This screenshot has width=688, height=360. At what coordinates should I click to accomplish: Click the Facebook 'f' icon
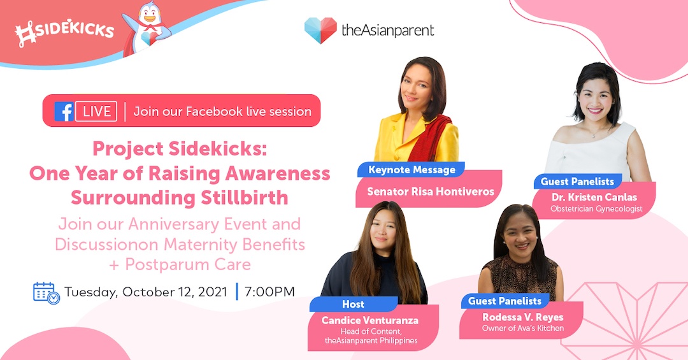tap(64, 111)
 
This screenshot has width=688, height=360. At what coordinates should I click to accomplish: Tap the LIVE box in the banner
tap(97, 111)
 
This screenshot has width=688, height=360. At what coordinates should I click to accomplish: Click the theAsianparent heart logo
tap(320, 31)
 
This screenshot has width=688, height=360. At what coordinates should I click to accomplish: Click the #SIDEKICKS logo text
tap(65, 32)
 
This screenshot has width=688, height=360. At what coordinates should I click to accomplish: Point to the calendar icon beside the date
tap(47, 293)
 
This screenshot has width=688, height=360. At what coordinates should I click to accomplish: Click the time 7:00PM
tap(269, 292)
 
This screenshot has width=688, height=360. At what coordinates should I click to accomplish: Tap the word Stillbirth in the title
tap(244, 198)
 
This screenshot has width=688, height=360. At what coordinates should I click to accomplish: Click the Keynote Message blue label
tap(412, 170)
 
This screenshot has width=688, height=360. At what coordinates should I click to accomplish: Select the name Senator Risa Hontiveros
tap(431, 191)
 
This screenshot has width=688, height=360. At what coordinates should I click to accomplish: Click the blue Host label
tap(353, 304)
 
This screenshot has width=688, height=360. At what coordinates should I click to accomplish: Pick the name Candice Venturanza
tap(370, 320)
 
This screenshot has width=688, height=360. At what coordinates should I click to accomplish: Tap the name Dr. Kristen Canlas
tap(594, 197)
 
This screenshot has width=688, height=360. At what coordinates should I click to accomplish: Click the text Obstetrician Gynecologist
tap(596, 209)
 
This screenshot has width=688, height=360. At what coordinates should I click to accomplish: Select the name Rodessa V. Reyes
tap(522, 317)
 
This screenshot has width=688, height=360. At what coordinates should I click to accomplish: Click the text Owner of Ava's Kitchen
tap(522, 328)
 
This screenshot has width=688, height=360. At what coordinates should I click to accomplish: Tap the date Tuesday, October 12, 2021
tap(146, 292)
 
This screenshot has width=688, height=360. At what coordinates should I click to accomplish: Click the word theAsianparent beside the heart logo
tap(388, 31)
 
